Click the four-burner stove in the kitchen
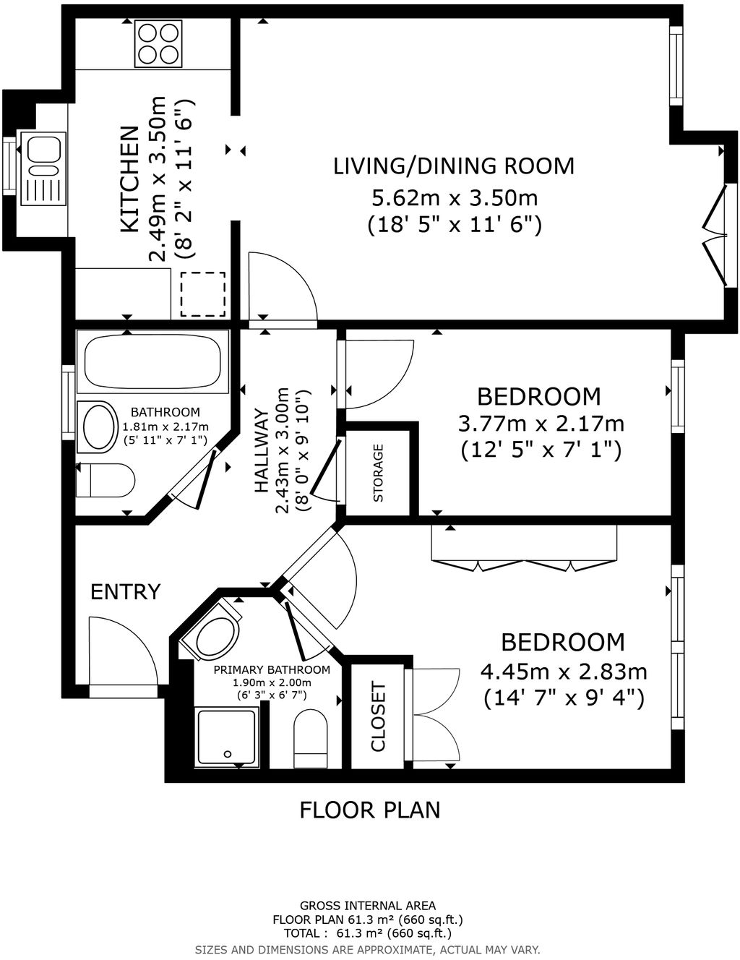(x=158, y=44)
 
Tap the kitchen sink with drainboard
(x=43, y=169)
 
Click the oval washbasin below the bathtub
(x=99, y=427)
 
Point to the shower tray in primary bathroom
(x=227, y=737)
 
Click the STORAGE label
(x=379, y=473)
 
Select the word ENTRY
(x=125, y=592)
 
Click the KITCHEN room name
(x=129, y=179)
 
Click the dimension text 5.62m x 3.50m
(x=454, y=197)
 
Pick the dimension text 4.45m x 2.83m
(x=564, y=672)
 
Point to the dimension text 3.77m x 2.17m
(x=541, y=423)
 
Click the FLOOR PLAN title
(x=369, y=810)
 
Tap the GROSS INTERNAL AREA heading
(x=368, y=905)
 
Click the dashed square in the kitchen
(x=203, y=294)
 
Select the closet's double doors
(x=434, y=716)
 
